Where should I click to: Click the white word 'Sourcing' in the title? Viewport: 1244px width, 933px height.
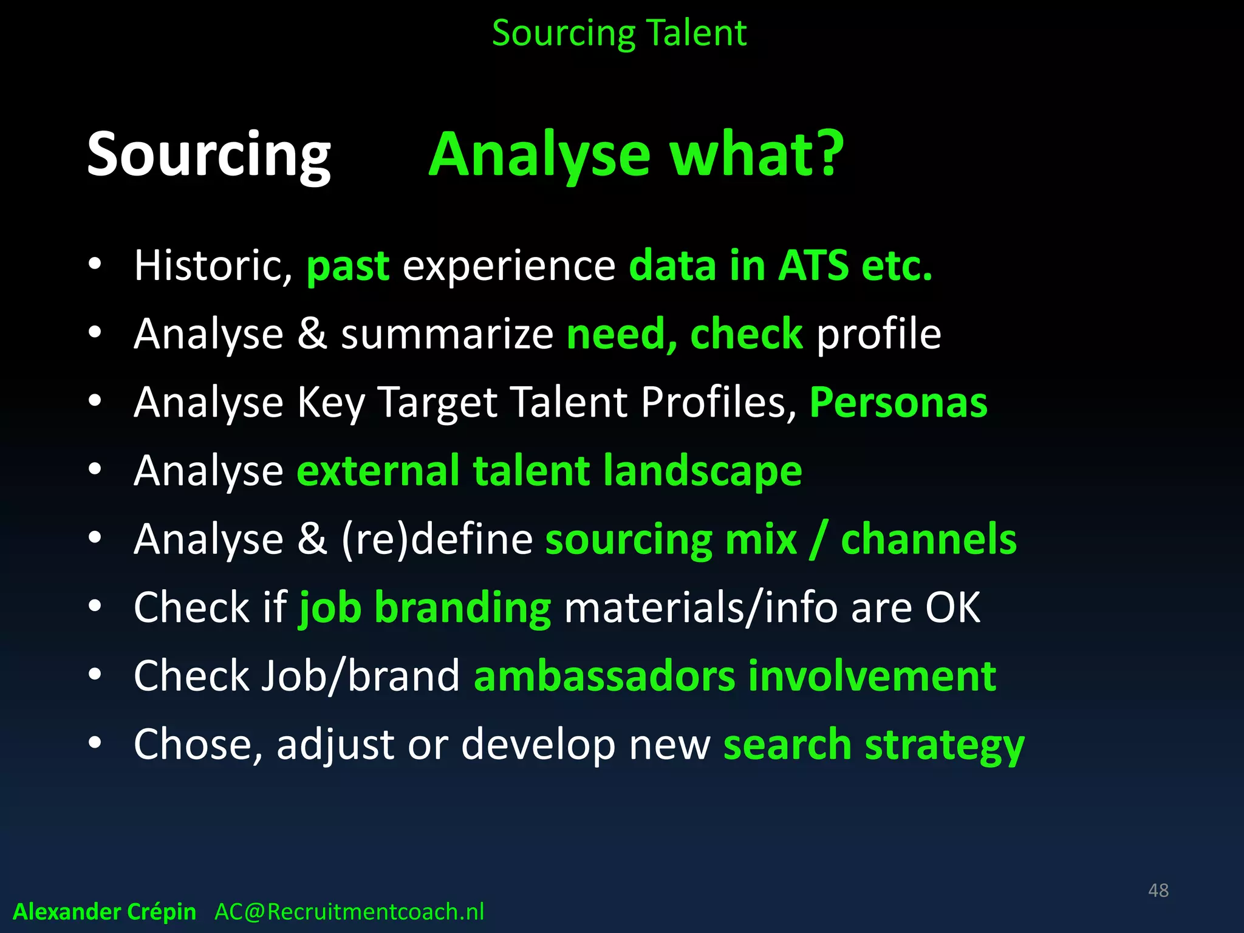pyautogui.click(x=209, y=155)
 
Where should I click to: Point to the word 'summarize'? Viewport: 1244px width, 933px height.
pyautogui.click(x=446, y=334)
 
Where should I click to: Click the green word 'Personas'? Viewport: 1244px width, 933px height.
pyautogui.click(x=898, y=402)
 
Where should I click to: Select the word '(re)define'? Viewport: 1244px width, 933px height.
pyautogui.click(x=437, y=539)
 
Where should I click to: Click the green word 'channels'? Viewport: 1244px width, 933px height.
pyautogui.click(x=928, y=539)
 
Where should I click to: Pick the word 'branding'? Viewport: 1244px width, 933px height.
pyautogui.click(x=463, y=607)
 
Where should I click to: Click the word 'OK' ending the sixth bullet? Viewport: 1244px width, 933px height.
pyautogui.click(x=952, y=607)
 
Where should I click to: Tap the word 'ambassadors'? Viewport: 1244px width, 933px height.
pyautogui.click(x=604, y=675)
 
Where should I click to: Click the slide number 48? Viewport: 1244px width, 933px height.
pyautogui.click(x=1158, y=890)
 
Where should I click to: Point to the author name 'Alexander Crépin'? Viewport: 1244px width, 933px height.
pyautogui.click(x=104, y=912)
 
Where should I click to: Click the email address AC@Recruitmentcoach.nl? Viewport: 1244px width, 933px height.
pyautogui.click(x=349, y=912)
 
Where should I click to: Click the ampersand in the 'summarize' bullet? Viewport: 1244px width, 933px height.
pyautogui.click(x=312, y=334)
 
